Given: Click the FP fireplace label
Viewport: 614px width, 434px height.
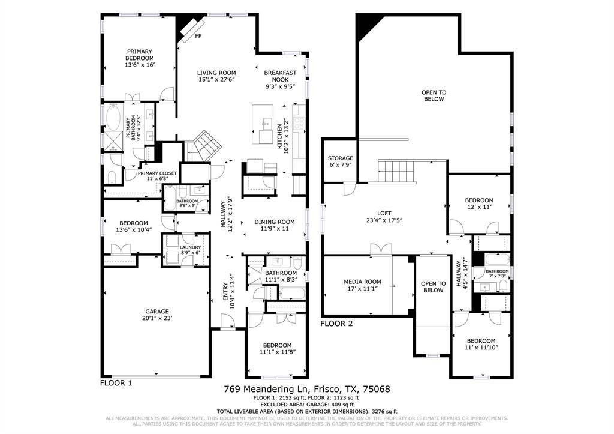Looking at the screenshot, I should [x=198, y=36].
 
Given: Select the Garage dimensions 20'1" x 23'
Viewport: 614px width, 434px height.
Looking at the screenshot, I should [x=157, y=318].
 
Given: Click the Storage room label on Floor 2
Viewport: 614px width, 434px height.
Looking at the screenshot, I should [x=340, y=158].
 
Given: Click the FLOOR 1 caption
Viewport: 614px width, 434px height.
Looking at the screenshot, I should [x=116, y=382].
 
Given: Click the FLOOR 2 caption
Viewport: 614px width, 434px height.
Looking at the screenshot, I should [x=336, y=323].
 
